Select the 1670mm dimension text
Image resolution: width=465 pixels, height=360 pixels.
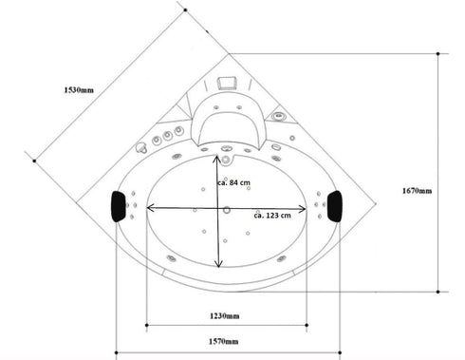click(418, 191)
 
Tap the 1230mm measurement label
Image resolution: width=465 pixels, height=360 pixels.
click(225, 315)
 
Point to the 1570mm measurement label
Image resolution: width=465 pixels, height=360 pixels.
click(225, 340)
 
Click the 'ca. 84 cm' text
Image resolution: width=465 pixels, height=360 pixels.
click(233, 182)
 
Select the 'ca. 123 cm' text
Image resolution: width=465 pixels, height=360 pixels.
click(271, 217)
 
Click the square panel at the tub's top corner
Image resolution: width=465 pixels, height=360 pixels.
click(226, 84)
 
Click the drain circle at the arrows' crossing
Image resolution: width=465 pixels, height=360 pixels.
click(226, 208)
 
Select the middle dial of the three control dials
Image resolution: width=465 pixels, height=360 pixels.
click(168, 137)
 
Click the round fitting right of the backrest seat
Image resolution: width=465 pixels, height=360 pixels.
click(279, 117)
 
